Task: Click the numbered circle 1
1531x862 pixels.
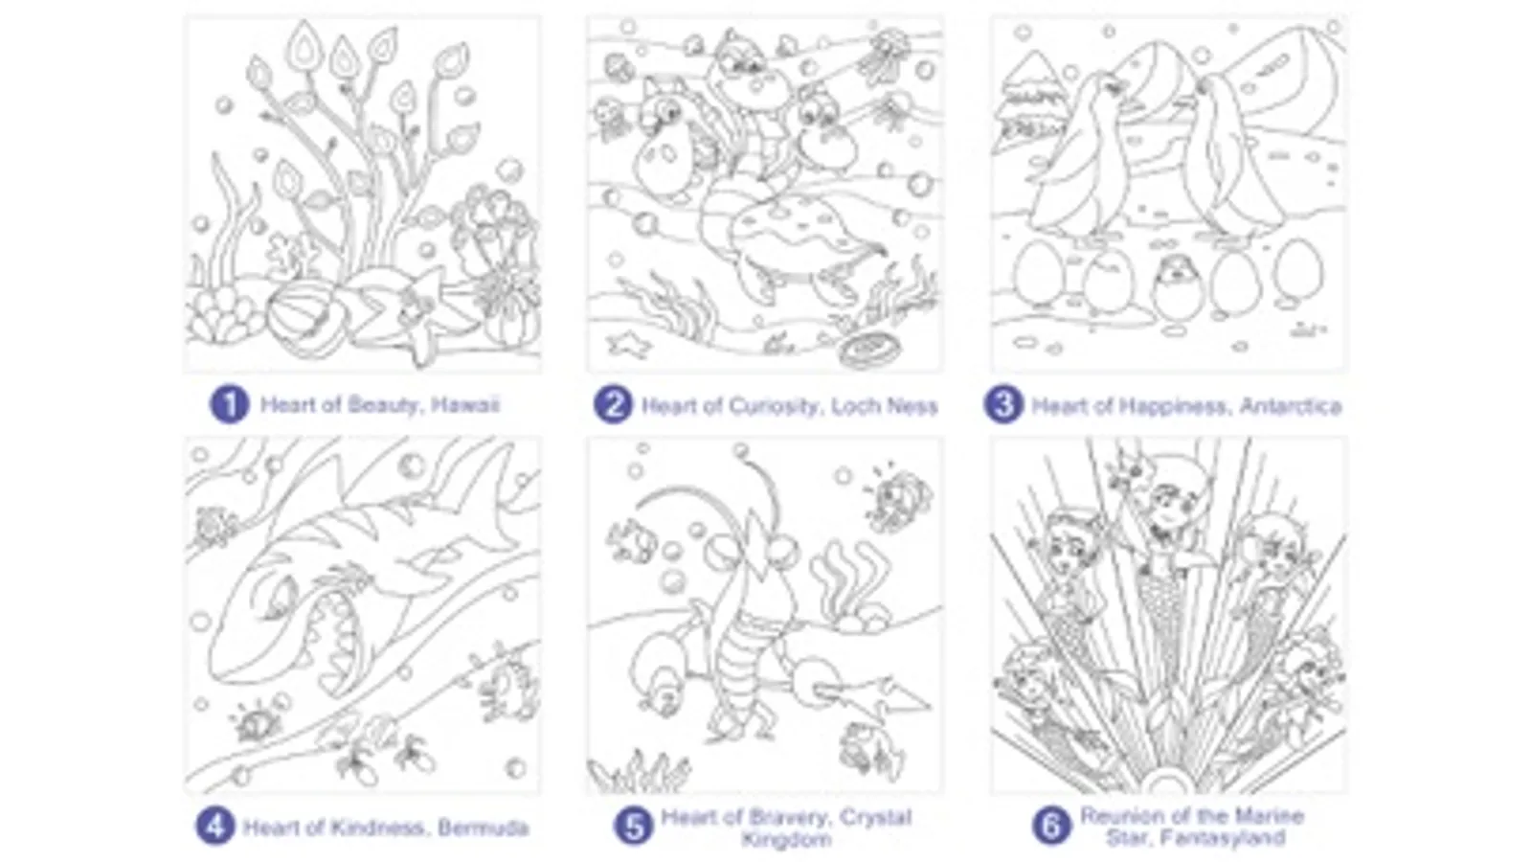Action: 229,405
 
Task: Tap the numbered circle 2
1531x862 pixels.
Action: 613,405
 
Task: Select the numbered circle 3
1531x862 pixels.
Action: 1002,405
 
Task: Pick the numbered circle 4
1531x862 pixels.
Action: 214,827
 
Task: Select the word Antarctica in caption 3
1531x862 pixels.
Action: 1291,406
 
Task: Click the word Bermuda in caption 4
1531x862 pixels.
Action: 484,828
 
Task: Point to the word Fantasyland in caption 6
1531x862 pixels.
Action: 1196,837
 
